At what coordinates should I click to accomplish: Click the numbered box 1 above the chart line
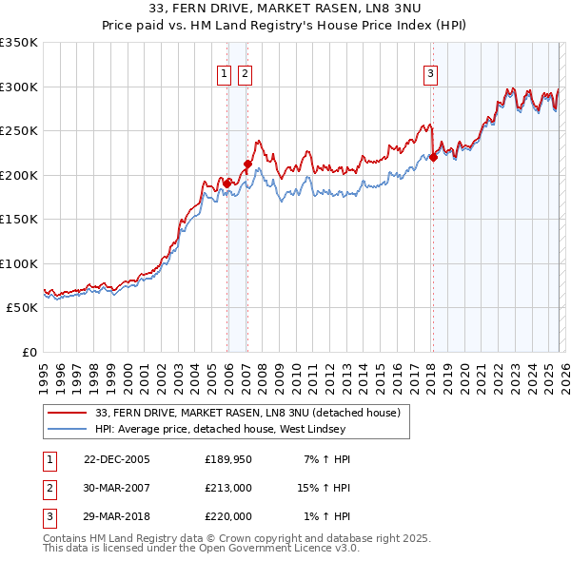(x=224, y=73)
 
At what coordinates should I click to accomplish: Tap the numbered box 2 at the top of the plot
(x=245, y=73)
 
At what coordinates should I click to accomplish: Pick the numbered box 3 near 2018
(x=430, y=73)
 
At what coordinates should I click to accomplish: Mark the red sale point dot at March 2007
(x=248, y=164)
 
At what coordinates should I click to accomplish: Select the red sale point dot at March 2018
(x=433, y=158)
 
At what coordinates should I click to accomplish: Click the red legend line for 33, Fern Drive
(x=68, y=413)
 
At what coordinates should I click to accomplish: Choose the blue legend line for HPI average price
(x=68, y=429)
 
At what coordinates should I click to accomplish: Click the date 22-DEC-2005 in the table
(x=117, y=459)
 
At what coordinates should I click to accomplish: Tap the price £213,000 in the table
(x=228, y=488)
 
